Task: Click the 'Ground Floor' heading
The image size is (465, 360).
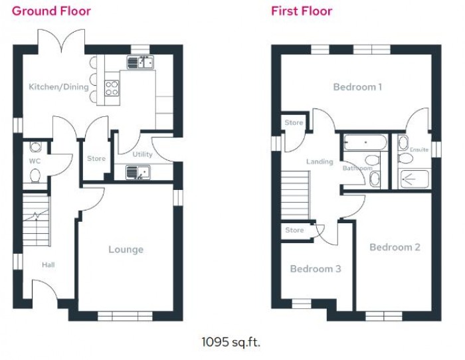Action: point(51,11)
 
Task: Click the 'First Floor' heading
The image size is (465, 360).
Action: point(301,11)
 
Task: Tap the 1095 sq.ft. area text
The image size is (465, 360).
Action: point(231,343)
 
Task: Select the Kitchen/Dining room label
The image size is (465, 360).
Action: point(58,87)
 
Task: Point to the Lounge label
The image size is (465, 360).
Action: point(126,250)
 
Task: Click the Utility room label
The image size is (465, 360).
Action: point(142,154)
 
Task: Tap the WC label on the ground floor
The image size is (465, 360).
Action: point(35,161)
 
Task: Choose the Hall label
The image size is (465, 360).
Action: point(48,265)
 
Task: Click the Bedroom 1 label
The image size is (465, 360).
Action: point(357,87)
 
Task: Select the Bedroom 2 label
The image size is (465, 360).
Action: point(395,247)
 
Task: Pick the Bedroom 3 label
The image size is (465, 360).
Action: point(316,269)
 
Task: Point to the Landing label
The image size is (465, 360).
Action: point(319,161)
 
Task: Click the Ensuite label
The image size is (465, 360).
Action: point(419,150)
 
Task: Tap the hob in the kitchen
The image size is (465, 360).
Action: point(112,88)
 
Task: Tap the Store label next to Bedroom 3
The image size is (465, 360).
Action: point(294,230)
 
